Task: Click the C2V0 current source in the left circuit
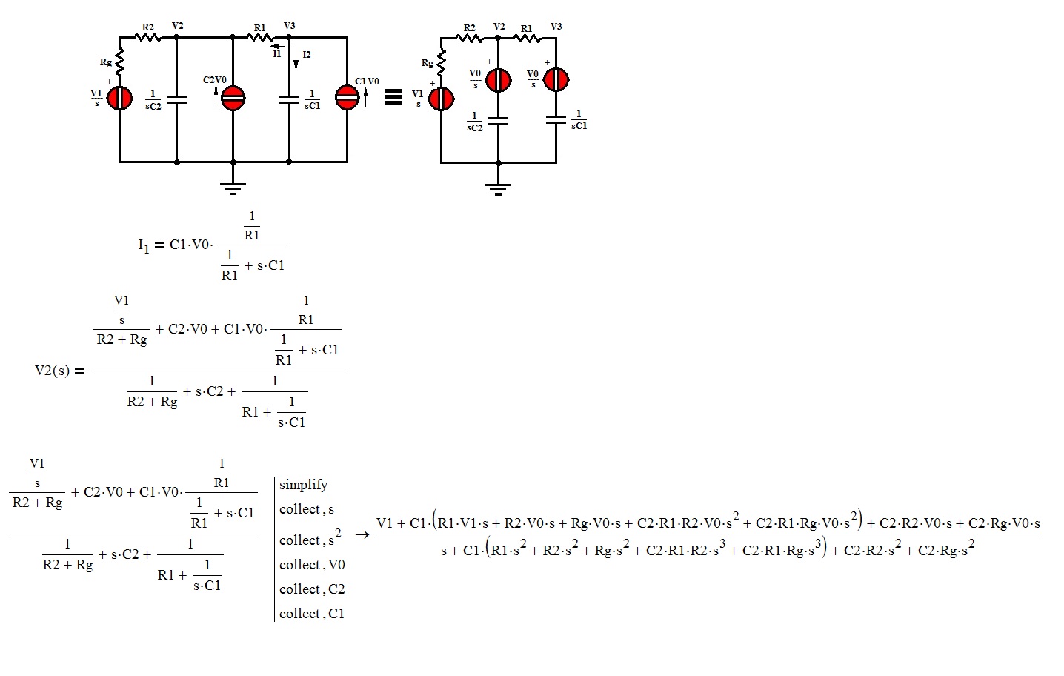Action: (x=233, y=98)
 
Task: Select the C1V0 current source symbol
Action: (x=347, y=97)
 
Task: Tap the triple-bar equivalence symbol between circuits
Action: (x=393, y=97)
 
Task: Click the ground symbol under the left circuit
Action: (x=233, y=187)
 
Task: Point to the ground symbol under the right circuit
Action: (x=498, y=188)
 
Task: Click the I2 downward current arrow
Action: (x=296, y=58)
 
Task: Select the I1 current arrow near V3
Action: (x=278, y=46)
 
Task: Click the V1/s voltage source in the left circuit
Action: (x=119, y=98)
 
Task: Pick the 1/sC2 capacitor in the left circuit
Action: (x=176, y=99)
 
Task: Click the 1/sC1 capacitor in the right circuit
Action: (x=556, y=119)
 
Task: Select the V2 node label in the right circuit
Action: (x=499, y=27)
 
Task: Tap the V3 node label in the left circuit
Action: (x=290, y=26)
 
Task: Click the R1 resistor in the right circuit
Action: (x=527, y=37)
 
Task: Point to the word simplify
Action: (x=303, y=485)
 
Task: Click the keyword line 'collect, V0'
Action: (x=312, y=565)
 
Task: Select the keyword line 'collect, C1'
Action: (x=312, y=614)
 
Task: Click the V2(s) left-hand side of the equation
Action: (x=52, y=371)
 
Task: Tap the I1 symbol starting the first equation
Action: (x=144, y=245)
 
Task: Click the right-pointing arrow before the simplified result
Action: (x=362, y=534)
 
